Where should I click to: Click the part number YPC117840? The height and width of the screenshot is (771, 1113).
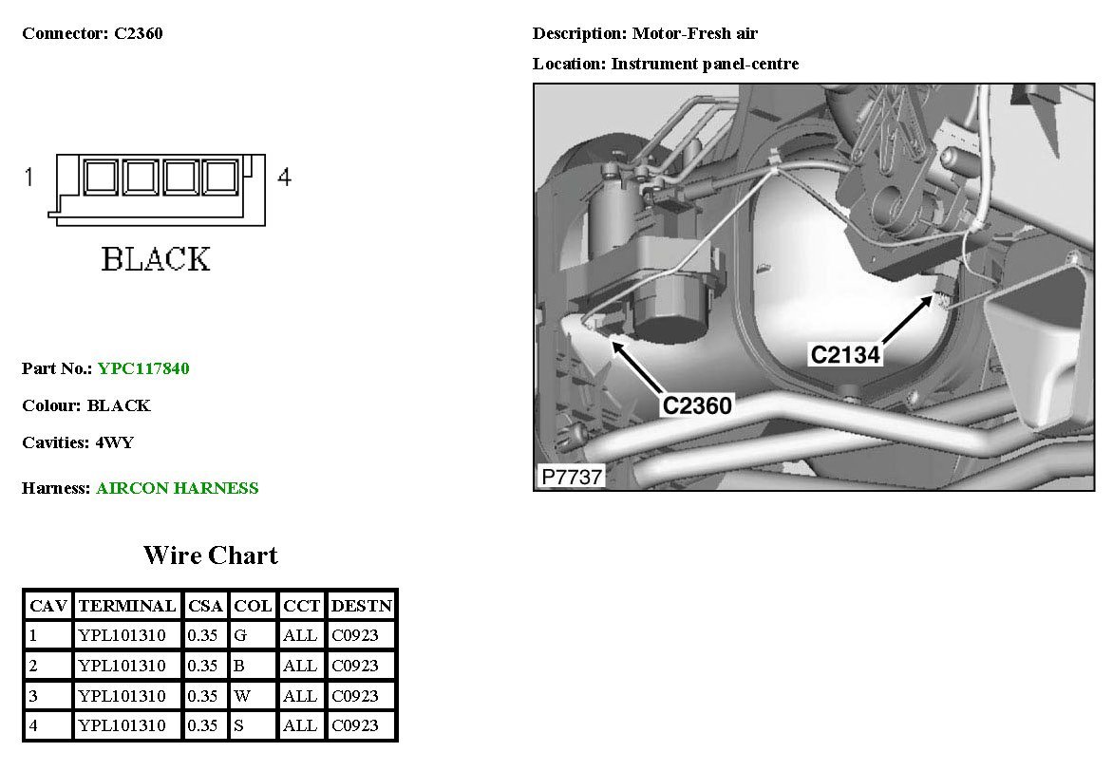coord(143,368)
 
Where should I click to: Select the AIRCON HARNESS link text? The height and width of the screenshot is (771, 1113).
coord(177,488)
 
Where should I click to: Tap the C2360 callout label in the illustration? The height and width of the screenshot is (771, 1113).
coord(697,405)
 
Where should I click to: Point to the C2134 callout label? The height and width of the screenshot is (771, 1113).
coord(845,354)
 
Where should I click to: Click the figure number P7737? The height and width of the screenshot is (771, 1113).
coord(572,476)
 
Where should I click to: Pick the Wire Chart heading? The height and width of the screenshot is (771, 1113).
coord(210,555)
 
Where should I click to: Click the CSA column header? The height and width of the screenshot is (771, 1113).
coord(205,606)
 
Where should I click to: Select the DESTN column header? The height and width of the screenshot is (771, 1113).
coord(362,606)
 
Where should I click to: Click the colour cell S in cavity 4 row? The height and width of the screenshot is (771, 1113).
coord(238,726)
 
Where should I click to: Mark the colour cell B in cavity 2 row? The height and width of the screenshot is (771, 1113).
coord(238,666)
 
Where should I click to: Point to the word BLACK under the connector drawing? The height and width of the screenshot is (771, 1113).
coord(156,259)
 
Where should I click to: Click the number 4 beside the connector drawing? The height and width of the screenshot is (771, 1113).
coord(284,177)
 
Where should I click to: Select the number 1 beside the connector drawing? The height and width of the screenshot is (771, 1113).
coord(29,177)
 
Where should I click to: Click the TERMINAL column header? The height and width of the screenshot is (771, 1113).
coord(127,606)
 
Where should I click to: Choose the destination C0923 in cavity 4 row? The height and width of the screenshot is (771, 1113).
coord(355,726)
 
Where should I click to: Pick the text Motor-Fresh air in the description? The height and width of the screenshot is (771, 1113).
coord(695,34)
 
